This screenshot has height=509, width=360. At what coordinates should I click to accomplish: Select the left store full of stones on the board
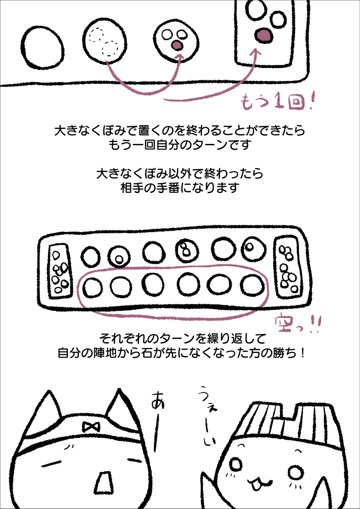pyautogui.click(x=60, y=272)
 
